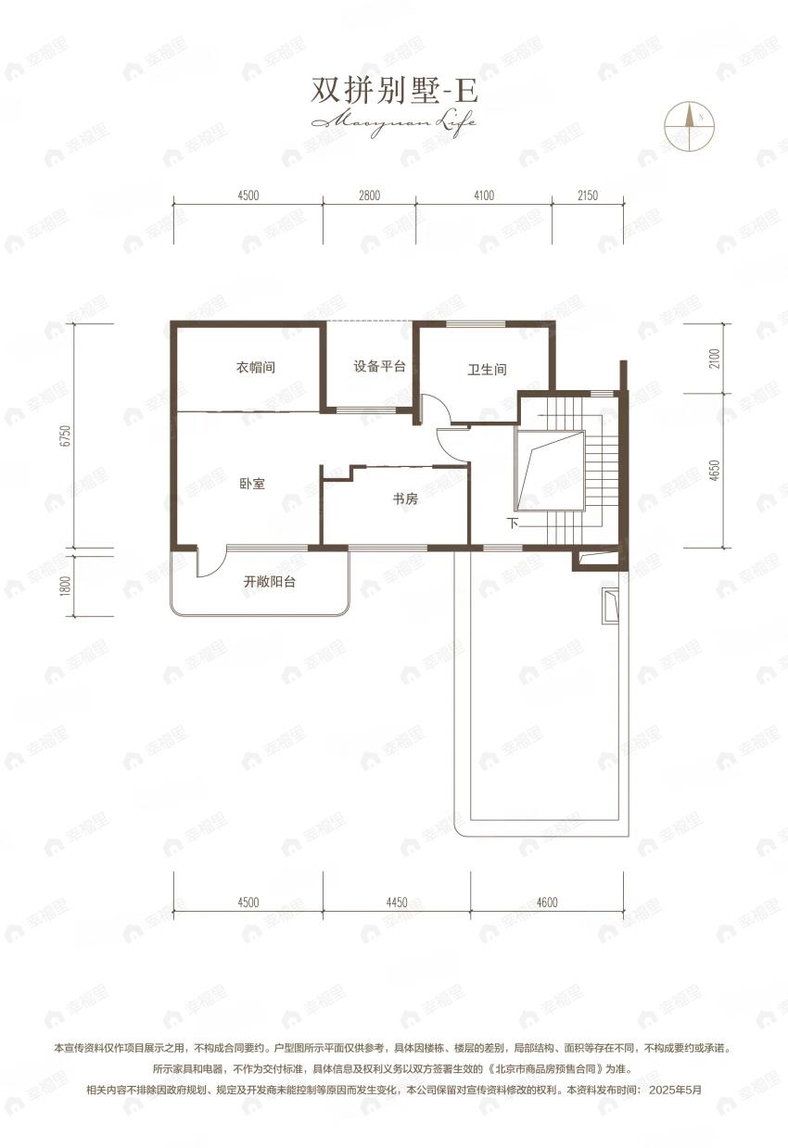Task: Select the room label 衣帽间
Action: click(x=255, y=368)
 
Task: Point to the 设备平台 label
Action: click(x=379, y=366)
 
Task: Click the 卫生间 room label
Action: click(x=487, y=370)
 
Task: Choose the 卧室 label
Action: click(x=252, y=483)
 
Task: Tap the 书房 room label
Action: click(x=405, y=499)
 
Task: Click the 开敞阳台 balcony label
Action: click(x=275, y=583)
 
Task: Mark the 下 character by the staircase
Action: click(x=513, y=524)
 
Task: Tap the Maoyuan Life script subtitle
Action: click(x=393, y=121)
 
